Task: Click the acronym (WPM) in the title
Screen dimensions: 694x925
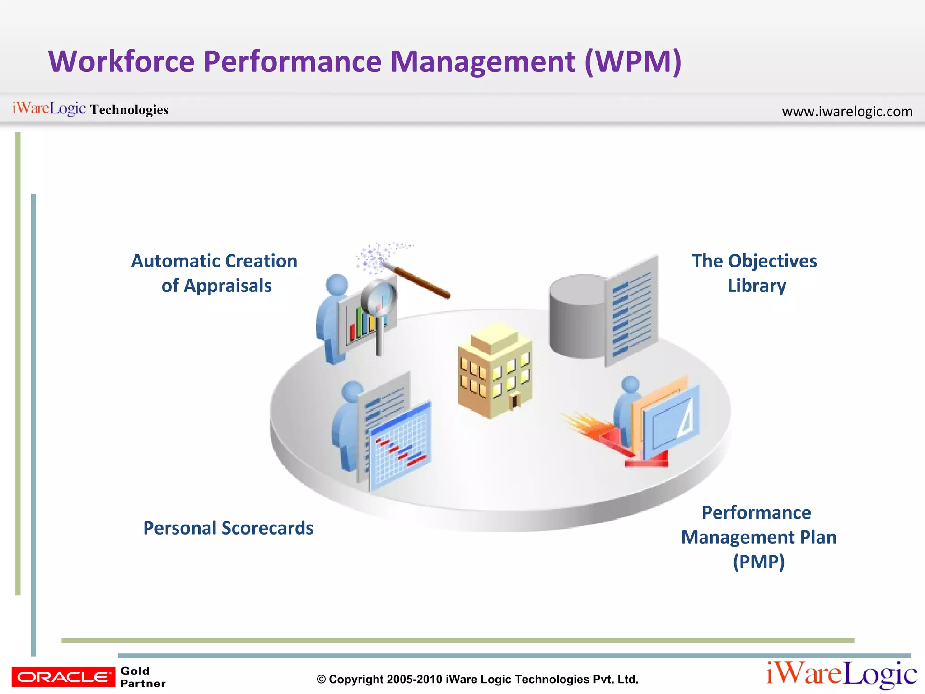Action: click(x=633, y=62)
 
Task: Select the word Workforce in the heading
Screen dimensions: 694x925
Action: click(x=121, y=62)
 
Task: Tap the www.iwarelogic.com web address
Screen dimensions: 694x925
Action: click(x=847, y=111)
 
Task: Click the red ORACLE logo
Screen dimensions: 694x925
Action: click(x=63, y=676)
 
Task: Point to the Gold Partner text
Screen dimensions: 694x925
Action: click(x=142, y=677)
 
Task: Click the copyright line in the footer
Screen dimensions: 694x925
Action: click(x=477, y=679)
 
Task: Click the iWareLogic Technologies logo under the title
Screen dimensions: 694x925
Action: click(x=90, y=109)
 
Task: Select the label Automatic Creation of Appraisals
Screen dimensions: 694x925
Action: click(x=215, y=273)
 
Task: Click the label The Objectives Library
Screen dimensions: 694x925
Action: click(x=755, y=273)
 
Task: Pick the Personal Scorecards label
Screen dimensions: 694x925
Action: click(x=228, y=528)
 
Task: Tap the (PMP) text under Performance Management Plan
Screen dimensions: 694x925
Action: click(x=758, y=562)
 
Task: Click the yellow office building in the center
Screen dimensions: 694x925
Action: click(x=495, y=370)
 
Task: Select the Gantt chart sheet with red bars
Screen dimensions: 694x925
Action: click(x=400, y=445)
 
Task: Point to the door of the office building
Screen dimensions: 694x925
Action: click(x=514, y=401)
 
